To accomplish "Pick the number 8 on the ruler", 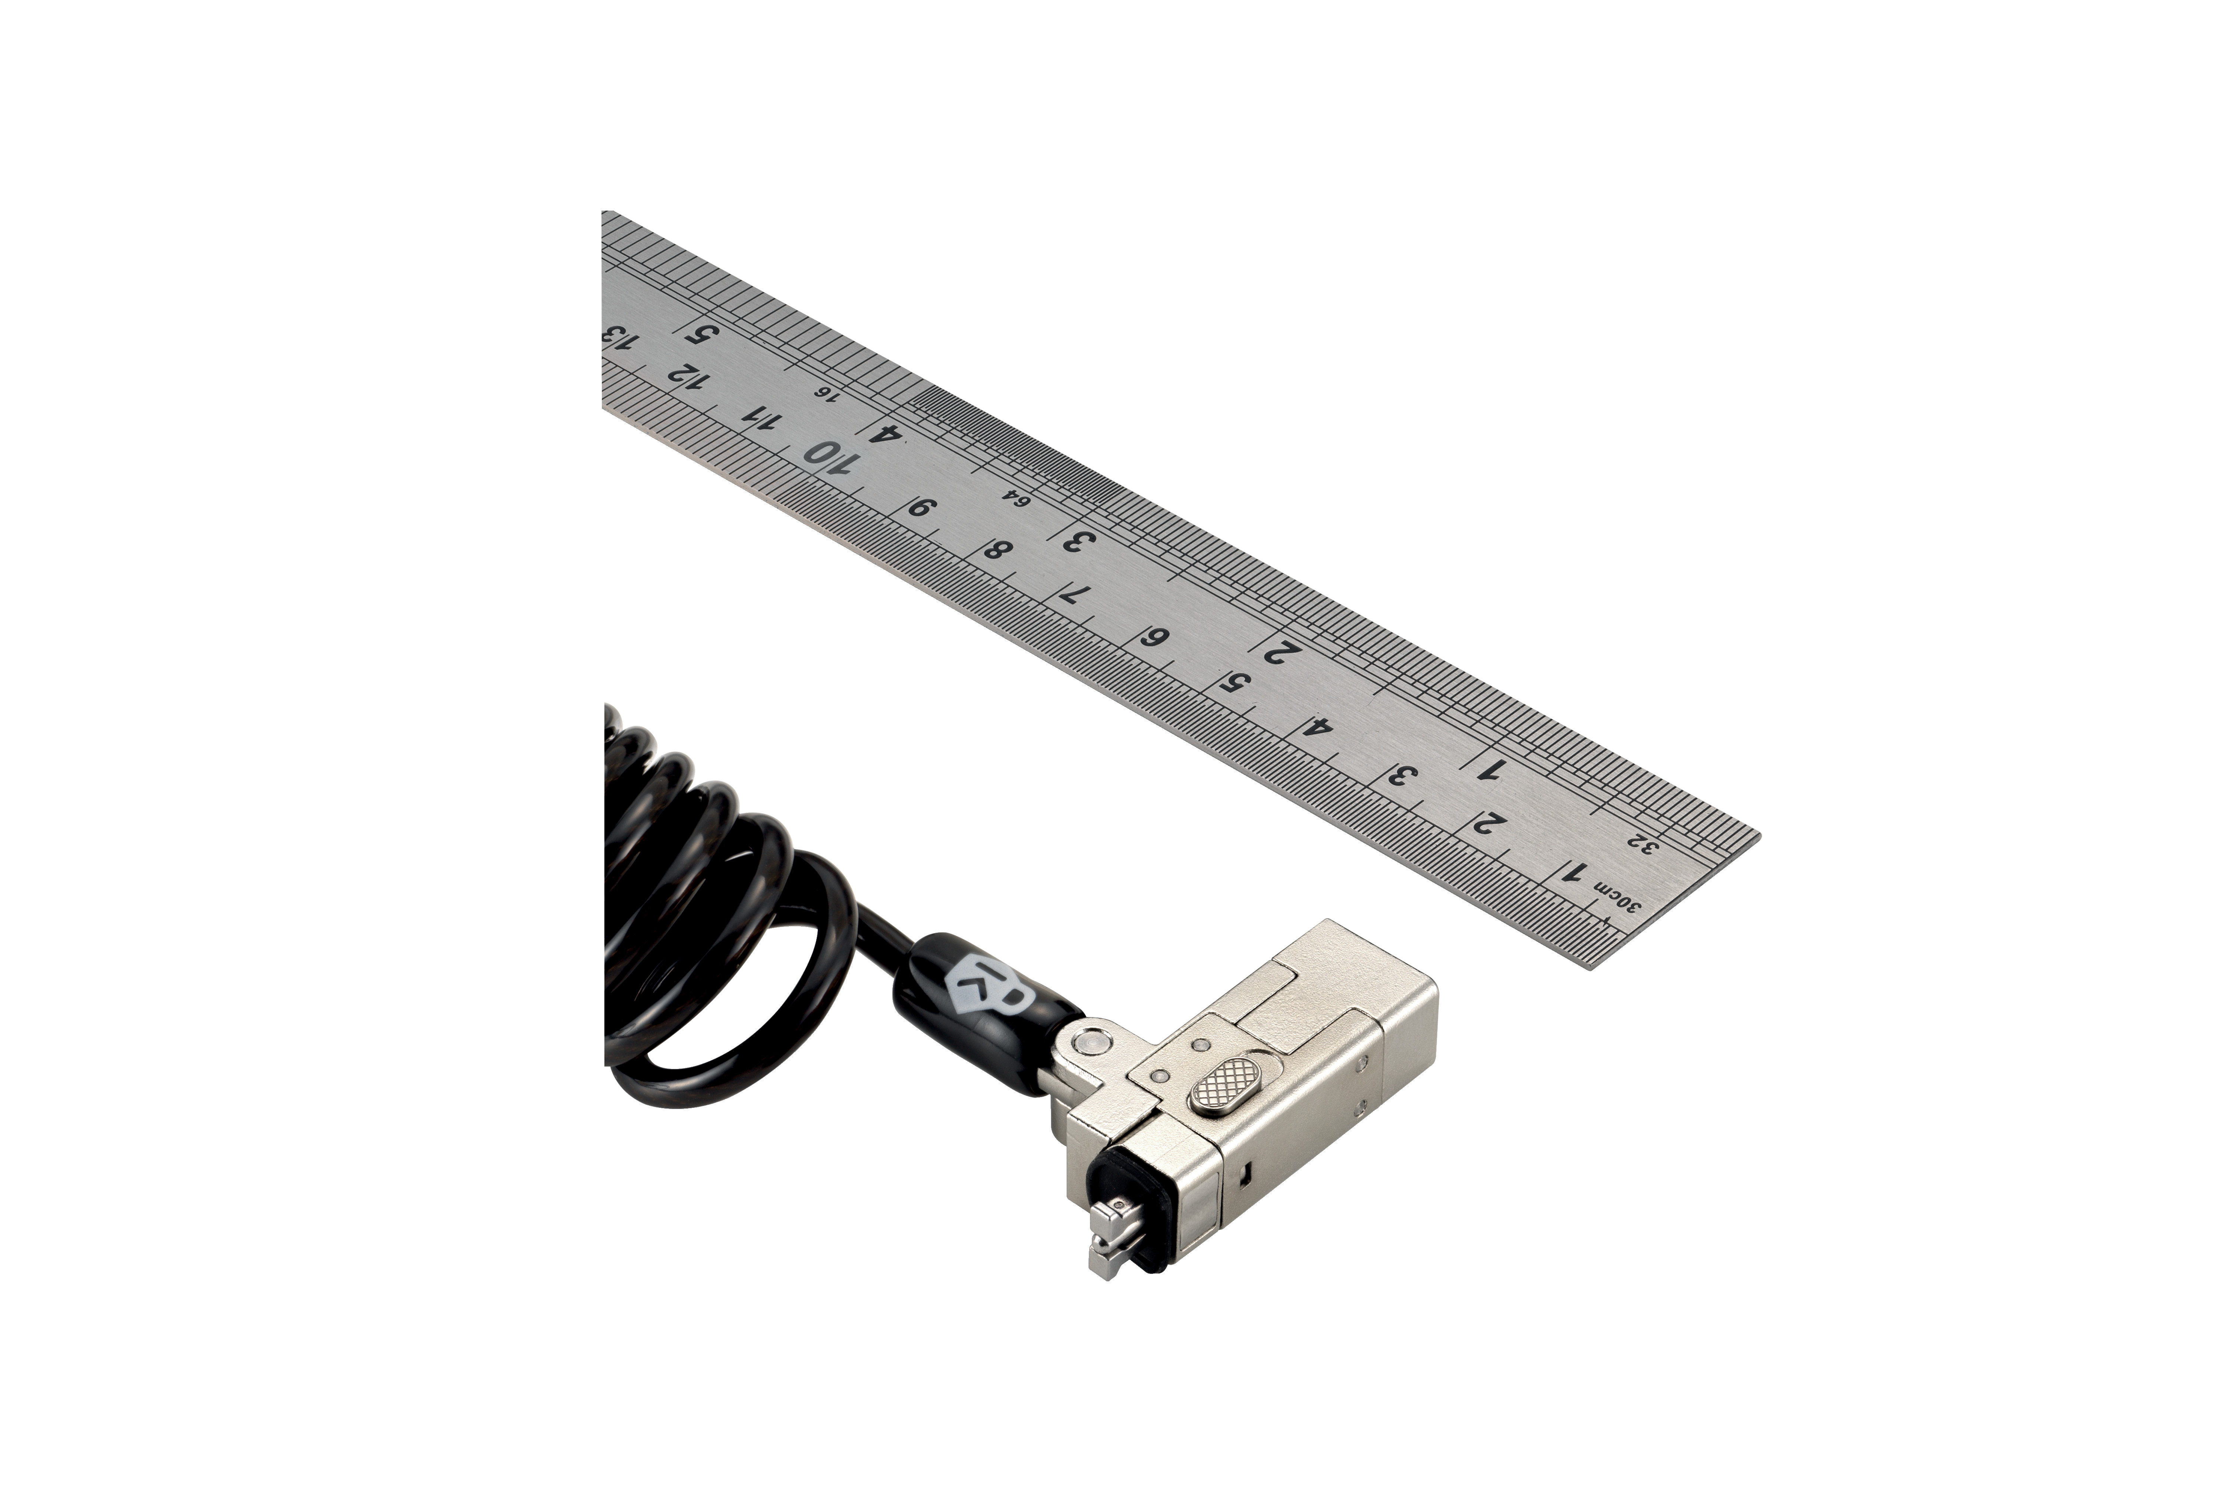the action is coord(997,550).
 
